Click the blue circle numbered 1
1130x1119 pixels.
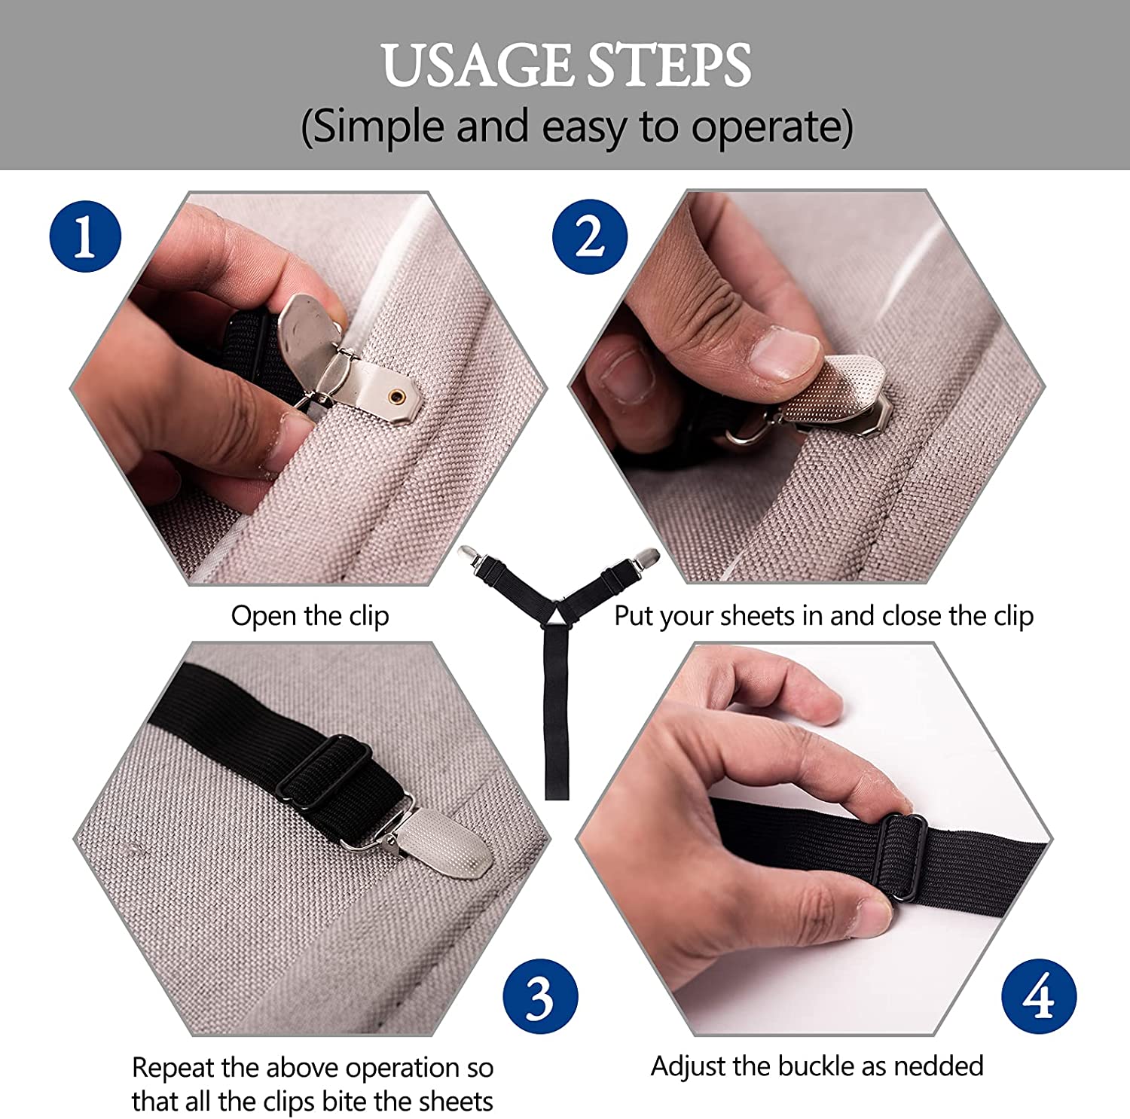pyautogui.click(x=85, y=236)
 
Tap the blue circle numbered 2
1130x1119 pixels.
pyautogui.click(x=589, y=236)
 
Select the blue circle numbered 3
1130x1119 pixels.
pyautogui.click(x=540, y=996)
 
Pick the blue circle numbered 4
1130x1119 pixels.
pyautogui.click(x=1039, y=996)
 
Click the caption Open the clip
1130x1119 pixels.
pyautogui.click(x=310, y=615)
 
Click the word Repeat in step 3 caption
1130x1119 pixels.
pyautogui.click(x=171, y=1067)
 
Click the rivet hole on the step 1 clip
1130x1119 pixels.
pyautogui.click(x=394, y=395)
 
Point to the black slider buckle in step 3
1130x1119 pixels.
pyautogui.click(x=325, y=772)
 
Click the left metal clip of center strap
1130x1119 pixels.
pyautogui.click(x=472, y=556)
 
